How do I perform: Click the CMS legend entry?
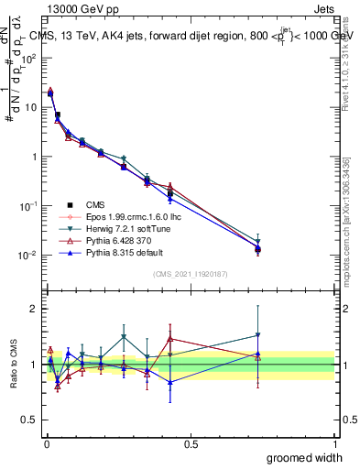[94, 205]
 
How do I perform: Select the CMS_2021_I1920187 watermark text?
[191, 275]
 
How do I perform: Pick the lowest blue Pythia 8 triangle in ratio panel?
[169, 383]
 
